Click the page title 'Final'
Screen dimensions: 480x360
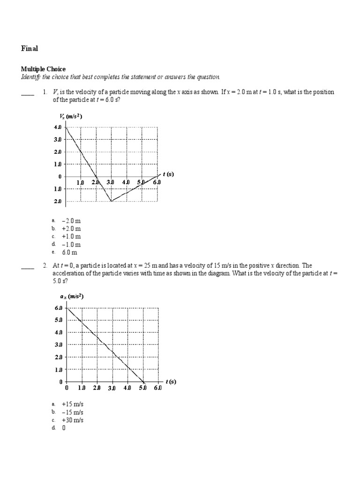(x=29, y=48)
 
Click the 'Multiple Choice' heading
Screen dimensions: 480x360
(x=43, y=69)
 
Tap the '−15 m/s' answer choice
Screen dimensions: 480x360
(x=72, y=412)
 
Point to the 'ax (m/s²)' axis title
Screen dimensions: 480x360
(x=73, y=296)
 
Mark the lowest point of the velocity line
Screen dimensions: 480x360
(x=111, y=201)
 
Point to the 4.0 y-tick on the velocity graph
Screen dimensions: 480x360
(x=58, y=127)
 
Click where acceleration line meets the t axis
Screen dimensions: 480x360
(x=143, y=382)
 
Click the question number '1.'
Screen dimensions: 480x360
(x=45, y=92)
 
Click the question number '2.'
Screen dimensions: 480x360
(x=45, y=265)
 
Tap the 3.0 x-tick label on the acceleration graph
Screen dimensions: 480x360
(x=112, y=389)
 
